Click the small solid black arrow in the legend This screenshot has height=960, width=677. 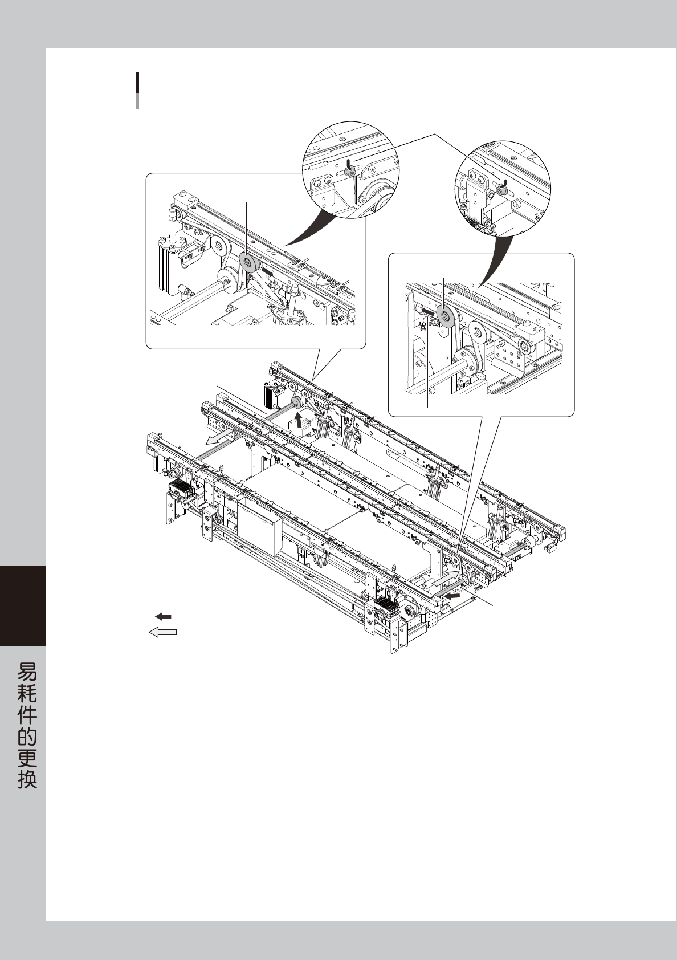[x=164, y=616]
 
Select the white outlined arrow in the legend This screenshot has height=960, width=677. [x=162, y=632]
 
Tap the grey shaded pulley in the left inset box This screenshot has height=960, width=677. [x=248, y=264]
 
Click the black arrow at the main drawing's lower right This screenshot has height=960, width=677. [x=453, y=595]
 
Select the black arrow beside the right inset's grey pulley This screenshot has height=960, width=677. [x=429, y=312]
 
